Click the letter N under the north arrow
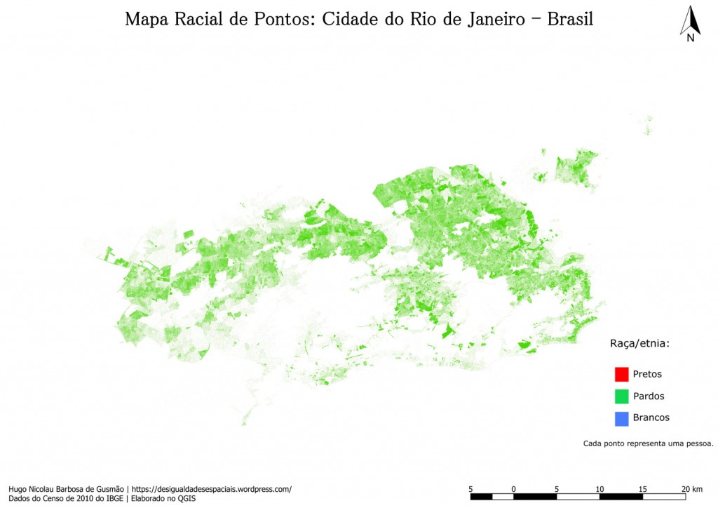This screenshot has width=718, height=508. [691, 39]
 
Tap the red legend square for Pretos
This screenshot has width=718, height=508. [621, 375]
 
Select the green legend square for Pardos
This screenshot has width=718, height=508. [621, 396]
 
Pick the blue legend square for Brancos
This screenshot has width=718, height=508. [621, 418]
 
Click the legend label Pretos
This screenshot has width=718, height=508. [646, 375]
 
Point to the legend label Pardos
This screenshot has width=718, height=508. [648, 396]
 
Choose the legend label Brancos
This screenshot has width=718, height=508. [651, 418]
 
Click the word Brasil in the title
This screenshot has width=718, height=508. [570, 19]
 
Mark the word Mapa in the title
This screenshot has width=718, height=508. [145, 19]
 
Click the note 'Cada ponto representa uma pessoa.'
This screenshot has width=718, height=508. [648, 443]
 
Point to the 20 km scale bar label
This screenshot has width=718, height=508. [691, 488]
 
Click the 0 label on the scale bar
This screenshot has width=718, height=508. [514, 488]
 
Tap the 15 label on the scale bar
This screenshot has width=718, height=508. [643, 488]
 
